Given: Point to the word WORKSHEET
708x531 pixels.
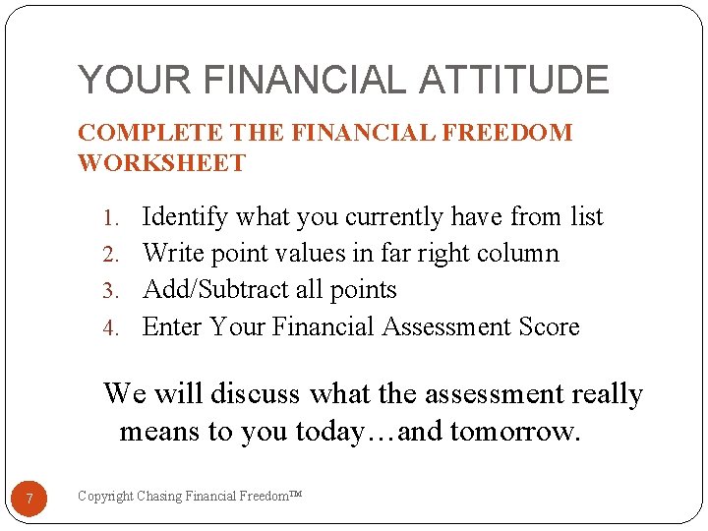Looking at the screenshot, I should (x=161, y=163).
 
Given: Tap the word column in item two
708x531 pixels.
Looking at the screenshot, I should (x=519, y=254).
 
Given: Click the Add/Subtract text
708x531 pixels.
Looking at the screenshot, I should (x=218, y=290).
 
